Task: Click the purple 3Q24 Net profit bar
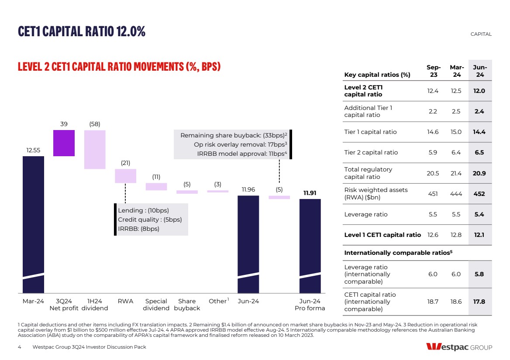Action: click(64, 143)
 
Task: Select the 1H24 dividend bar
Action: click(95, 149)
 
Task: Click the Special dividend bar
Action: click(156, 187)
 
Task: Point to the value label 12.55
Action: click(33, 150)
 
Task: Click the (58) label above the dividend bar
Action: click(95, 124)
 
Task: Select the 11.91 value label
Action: click(310, 192)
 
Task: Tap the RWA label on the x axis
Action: click(125, 301)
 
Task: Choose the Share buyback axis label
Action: click(187, 305)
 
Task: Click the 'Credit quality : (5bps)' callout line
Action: click(150, 219)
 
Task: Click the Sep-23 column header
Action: click(433, 71)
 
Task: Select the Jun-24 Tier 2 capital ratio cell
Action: click(479, 153)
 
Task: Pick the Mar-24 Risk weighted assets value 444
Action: click(456, 194)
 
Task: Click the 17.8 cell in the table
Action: click(479, 302)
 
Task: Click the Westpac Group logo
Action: click(459, 347)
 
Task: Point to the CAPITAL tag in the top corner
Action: click(481, 34)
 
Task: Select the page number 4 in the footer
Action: click(20, 347)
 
